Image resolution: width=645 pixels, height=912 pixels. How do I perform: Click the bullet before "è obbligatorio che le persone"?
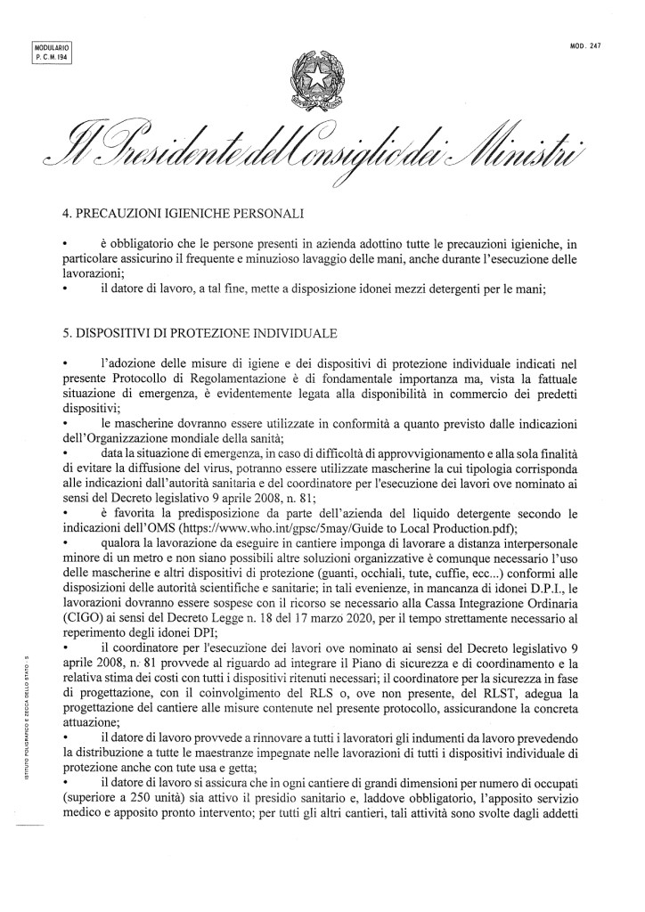pyautogui.click(x=65, y=242)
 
